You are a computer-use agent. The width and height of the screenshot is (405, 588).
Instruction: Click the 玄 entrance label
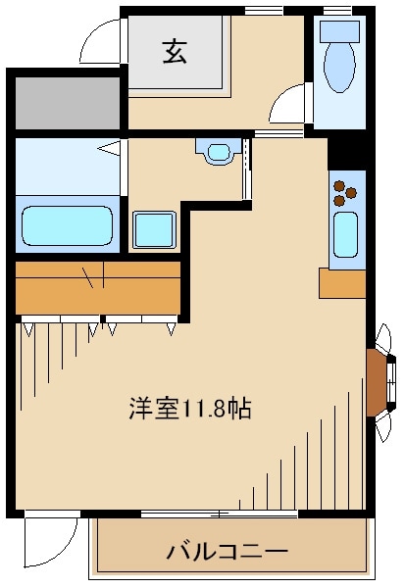click(x=175, y=52)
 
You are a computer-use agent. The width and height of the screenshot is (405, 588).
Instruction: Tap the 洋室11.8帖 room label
click(x=190, y=408)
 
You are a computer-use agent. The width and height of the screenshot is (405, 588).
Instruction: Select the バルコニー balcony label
click(x=228, y=552)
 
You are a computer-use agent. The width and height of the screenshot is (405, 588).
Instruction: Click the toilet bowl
click(x=339, y=67)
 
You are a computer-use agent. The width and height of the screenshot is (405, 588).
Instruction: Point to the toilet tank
click(x=339, y=31)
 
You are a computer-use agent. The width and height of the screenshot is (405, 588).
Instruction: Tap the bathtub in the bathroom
click(x=68, y=225)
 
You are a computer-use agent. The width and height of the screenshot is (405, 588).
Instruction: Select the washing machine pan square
click(x=154, y=230)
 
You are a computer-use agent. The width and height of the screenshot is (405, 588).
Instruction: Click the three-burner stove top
click(x=345, y=193)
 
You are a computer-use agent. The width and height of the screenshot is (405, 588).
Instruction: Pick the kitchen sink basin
click(x=346, y=235)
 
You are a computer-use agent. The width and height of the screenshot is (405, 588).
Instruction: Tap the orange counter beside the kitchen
click(x=342, y=283)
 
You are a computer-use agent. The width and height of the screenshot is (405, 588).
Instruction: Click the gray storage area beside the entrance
click(x=68, y=103)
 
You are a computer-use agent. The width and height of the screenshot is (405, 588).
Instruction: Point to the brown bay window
click(x=378, y=382)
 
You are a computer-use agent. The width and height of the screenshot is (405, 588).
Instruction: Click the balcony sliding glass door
click(x=220, y=514)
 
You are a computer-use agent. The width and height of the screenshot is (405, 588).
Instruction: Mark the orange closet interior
click(x=98, y=288)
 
